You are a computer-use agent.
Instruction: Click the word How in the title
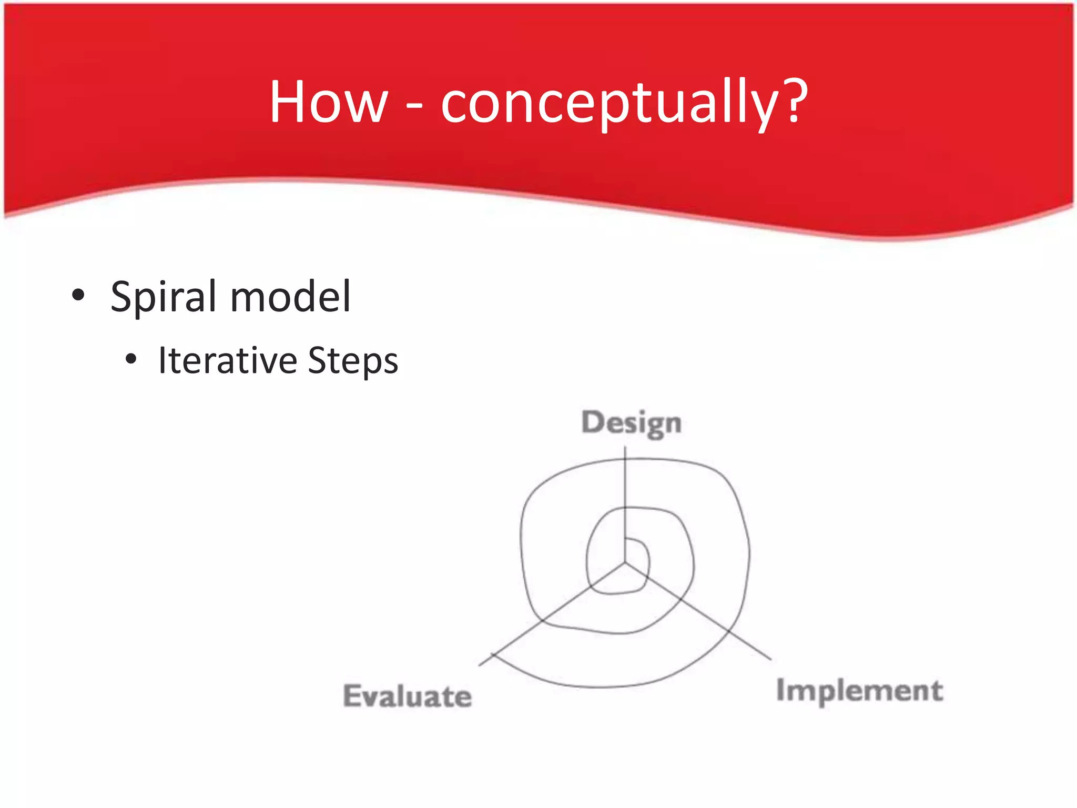329,102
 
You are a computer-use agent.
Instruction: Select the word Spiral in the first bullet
163,297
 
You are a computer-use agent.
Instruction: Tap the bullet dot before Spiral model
78,295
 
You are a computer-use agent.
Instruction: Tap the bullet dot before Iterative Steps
131,360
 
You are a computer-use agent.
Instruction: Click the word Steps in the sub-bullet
353,362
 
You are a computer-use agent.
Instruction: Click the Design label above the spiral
631,423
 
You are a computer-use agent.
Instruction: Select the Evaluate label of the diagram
407,696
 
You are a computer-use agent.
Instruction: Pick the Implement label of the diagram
859,691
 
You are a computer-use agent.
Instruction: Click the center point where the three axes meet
625,563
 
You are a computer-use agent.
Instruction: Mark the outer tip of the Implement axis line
771,659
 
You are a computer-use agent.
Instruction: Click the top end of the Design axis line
625,447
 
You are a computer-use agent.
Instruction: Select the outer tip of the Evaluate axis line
480,665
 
